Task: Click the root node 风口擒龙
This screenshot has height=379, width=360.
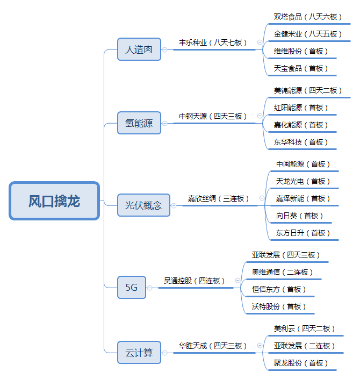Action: [54, 201]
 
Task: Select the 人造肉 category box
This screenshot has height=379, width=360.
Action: [139, 49]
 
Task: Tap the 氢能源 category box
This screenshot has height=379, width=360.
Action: [139, 123]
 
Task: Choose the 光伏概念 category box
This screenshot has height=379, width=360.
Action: [144, 205]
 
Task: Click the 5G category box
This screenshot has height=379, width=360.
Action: [132, 288]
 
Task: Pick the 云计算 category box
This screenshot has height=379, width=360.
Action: [139, 353]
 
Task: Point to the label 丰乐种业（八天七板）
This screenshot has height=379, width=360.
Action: [213, 43]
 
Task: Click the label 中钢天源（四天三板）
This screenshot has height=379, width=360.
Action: [213, 117]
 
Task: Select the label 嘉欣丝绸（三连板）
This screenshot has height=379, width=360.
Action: [218, 199]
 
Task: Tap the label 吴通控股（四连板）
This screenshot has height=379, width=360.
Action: [194, 281]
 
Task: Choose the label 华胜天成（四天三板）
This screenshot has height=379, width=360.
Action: [213, 346]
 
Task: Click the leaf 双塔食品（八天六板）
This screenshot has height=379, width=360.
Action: [307, 17]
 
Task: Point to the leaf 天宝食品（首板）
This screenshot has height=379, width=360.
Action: [300, 69]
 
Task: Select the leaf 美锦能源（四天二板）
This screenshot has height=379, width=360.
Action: [307, 91]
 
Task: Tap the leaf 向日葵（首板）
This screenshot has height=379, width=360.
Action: [299, 216]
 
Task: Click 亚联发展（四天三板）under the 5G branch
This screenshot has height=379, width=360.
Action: [286, 255]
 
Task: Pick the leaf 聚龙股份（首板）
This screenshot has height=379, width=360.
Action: [300, 363]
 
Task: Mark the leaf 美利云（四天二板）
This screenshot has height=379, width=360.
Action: [304, 328]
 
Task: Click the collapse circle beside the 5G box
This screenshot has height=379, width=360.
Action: [150, 288]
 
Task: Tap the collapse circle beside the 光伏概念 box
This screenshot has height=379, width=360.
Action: [174, 206]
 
